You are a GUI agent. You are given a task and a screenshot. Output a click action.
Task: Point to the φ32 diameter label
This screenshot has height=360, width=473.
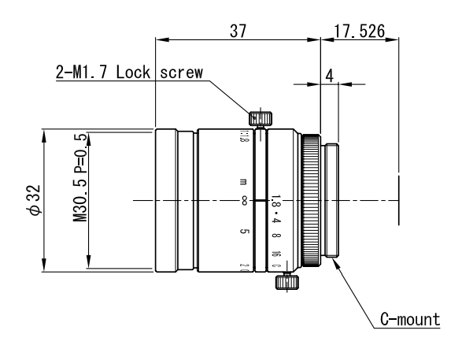(x=32, y=200)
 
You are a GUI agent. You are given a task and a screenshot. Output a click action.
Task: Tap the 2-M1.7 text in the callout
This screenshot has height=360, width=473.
(x=80, y=72)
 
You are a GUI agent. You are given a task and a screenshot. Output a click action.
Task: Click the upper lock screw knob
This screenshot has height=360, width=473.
(x=261, y=119)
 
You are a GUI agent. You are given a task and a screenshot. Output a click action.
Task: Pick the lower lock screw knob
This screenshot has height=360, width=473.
(x=289, y=280)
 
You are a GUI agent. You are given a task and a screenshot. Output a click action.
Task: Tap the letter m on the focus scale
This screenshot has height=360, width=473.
(x=244, y=181)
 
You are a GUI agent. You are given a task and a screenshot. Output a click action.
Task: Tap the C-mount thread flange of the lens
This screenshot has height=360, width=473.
(x=331, y=200)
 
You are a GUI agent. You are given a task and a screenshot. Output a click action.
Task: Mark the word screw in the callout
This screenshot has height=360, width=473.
(x=182, y=72)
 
